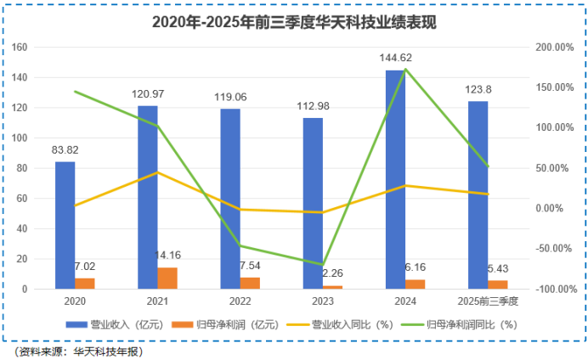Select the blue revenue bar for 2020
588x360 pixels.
click(x=65, y=225)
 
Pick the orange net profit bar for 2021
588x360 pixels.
click(x=167, y=278)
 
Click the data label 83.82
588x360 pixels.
click(x=65, y=150)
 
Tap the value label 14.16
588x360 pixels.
click(x=168, y=255)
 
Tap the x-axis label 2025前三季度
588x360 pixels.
click(x=486, y=301)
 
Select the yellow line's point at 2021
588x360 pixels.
click(x=157, y=172)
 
